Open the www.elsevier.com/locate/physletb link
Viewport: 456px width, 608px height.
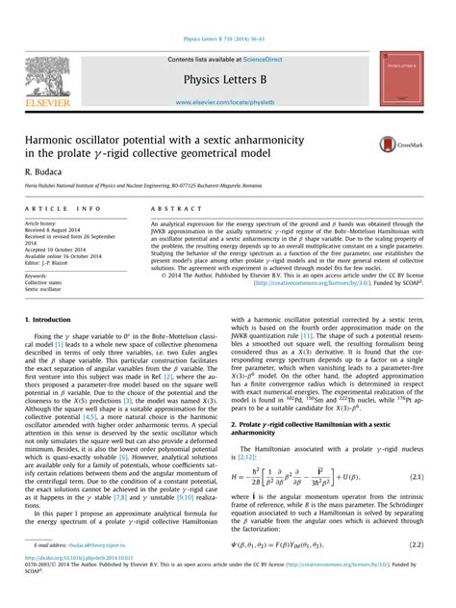[227, 101]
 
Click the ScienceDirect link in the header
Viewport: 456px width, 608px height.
[272, 59]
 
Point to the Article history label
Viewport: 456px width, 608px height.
[46, 223]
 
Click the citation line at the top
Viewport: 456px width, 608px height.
[227, 39]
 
